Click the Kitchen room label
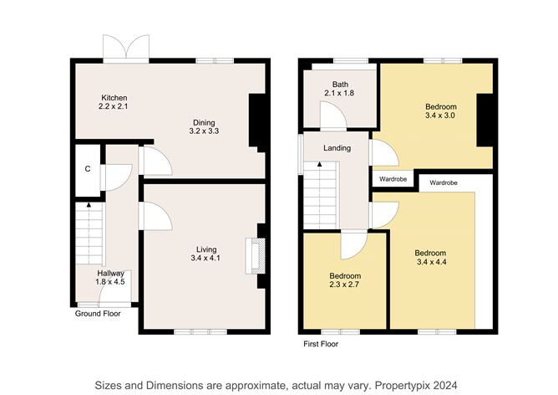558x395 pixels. (113, 98)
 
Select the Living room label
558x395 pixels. (206, 249)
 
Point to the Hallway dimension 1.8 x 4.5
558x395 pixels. (110, 282)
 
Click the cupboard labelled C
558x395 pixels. (87, 169)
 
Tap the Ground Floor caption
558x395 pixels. (97, 314)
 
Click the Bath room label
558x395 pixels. (340, 85)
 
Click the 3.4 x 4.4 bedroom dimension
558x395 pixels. (431, 263)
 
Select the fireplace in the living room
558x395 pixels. (253, 256)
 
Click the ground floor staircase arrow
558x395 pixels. (89, 206)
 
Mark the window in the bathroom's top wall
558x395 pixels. (342, 60)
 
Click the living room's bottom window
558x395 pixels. (200, 331)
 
